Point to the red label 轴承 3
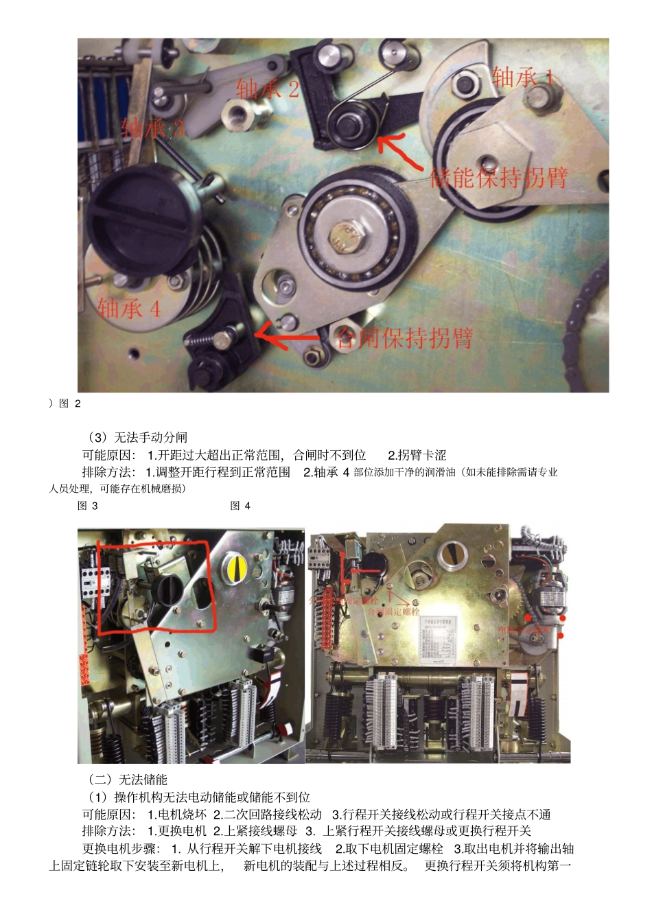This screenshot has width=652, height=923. [152, 128]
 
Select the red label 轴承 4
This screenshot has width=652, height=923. [129, 309]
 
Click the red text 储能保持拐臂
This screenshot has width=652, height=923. [498, 178]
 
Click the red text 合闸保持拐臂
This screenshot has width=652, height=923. [404, 338]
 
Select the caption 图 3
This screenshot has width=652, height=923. [88, 506]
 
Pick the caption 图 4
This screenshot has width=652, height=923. [240, 506]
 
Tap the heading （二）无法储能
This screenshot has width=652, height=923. [128, 780]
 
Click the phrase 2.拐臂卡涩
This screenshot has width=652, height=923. [417, 455]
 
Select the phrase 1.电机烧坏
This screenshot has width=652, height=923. [177, 815]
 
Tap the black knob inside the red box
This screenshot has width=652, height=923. [167, 587]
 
